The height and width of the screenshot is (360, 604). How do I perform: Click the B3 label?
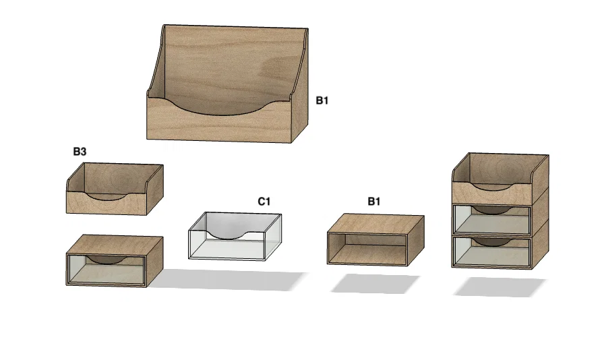click(x=80, y=152)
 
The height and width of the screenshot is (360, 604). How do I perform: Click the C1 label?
click(x=264, y=201)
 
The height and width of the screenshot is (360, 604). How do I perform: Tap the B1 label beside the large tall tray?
click(x=322, y=100)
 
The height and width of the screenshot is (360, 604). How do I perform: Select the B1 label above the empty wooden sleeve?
click(x=374, y=201)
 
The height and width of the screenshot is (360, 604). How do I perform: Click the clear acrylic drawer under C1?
click(x=235, y=236)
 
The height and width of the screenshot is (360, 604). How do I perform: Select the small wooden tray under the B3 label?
click(x=115, y=189)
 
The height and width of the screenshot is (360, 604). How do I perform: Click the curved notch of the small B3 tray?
click(x=107, y=198)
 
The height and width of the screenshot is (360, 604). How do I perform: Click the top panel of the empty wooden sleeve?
click(x=376, y=224)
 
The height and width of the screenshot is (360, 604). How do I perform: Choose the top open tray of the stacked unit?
click(x=500, y=179)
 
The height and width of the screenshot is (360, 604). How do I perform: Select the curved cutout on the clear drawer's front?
click(x=227, y=235)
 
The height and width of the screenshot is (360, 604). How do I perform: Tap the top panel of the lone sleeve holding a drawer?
click(x=115, y=245)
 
